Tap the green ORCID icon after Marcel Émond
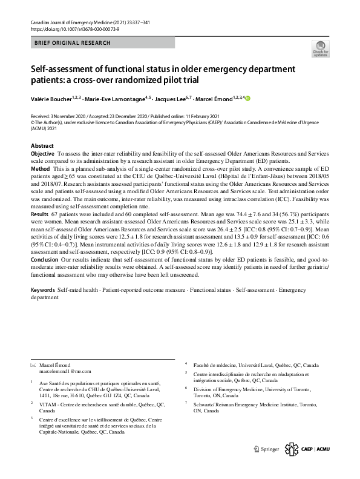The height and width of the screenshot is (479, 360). (247, 98)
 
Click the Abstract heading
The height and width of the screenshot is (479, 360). (42, 147)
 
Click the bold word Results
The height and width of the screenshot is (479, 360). (41, 214)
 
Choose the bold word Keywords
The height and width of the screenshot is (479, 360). (43, 291)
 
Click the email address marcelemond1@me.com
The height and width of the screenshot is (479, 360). (65, 371)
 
